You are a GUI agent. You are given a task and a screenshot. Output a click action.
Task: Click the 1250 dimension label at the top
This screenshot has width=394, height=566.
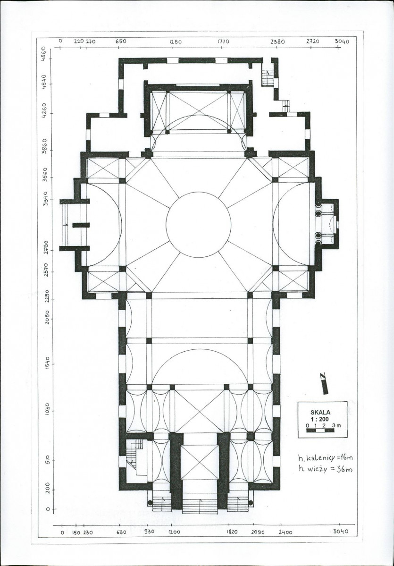(176, 42)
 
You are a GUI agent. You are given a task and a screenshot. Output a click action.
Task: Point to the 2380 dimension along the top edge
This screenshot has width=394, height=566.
(278, 42)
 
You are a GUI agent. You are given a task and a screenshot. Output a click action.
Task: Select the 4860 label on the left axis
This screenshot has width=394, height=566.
(44, 53)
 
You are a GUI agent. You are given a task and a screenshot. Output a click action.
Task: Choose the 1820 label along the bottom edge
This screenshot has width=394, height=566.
(232, 532)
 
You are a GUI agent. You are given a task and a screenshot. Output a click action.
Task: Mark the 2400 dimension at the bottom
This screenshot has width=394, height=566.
(285, 532)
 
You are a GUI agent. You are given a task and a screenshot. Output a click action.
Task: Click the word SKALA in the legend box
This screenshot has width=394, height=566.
(320, 412)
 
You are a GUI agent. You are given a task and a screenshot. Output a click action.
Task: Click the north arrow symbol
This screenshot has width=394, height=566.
(324, 383)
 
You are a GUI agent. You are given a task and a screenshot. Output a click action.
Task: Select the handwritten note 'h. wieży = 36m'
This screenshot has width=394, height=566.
(326, 469)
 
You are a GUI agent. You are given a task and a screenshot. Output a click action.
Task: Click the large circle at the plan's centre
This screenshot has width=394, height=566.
(199, 192)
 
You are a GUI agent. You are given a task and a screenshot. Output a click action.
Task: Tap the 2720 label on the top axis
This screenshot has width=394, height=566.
(312, 42)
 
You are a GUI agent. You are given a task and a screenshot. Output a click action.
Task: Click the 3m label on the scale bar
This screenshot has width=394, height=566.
(336, 426)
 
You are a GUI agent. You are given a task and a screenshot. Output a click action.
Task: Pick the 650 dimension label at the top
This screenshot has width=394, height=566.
(121, 41)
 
